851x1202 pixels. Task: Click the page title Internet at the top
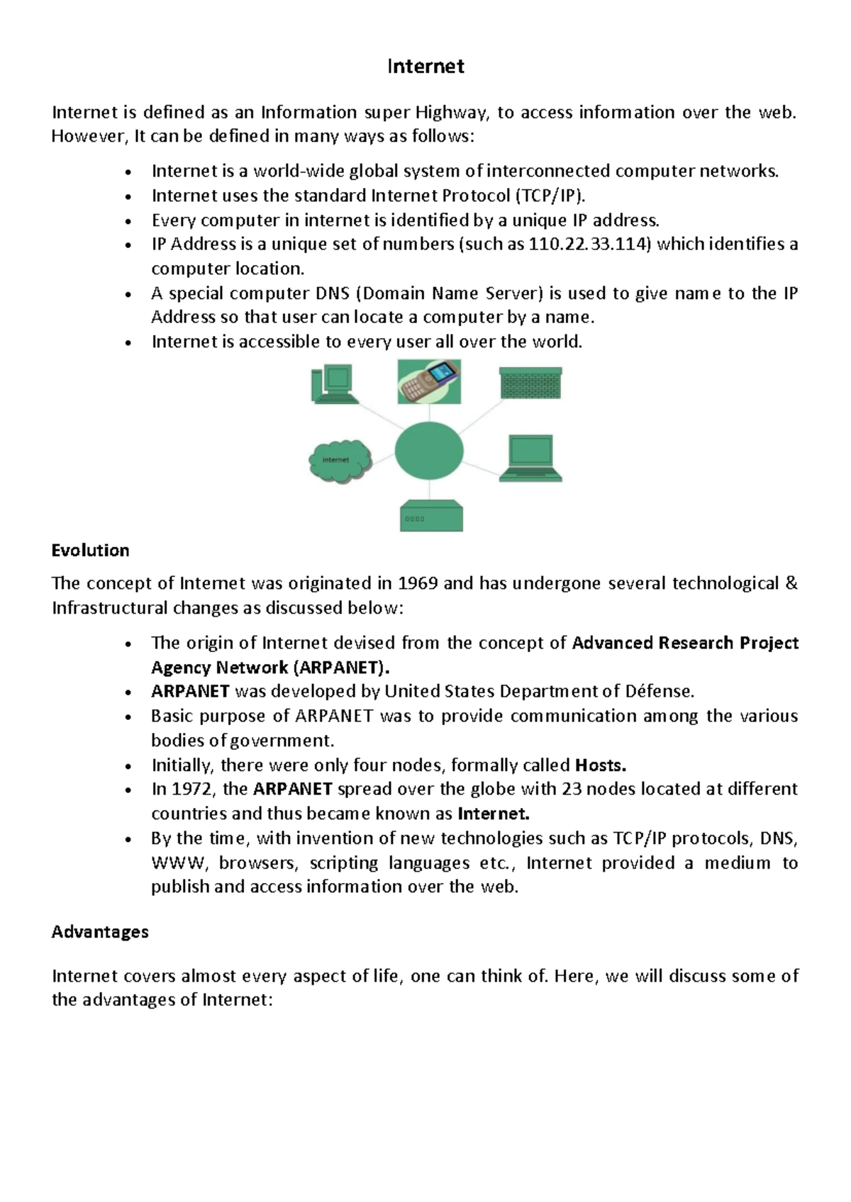pyautogui.click(x=425, y=67)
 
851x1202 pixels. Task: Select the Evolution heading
pyautogui.click(x=90, y=551)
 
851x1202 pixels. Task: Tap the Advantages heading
pyautogui.click(x=100, y=931)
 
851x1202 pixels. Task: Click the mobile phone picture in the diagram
pyautogui.click(x=429, y=381)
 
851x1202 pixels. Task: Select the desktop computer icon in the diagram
pyautogui.click(x=331, y=383)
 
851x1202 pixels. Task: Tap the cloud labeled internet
pyautogui.click(x=340, y=461)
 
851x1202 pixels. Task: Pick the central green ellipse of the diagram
pyautogui.click(x=429, y=451)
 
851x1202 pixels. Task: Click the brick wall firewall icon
pyautogui.click(x=530, y=383)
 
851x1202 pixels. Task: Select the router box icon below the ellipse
pyautogui.click(x=431, y=516)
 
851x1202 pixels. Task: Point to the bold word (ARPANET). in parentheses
pyautogui.click(x=342, y=668)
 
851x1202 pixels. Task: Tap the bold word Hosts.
pyautogui.click(x=600, y=765)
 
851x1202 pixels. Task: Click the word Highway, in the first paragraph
pyautogui.click(x=452, y=113)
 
